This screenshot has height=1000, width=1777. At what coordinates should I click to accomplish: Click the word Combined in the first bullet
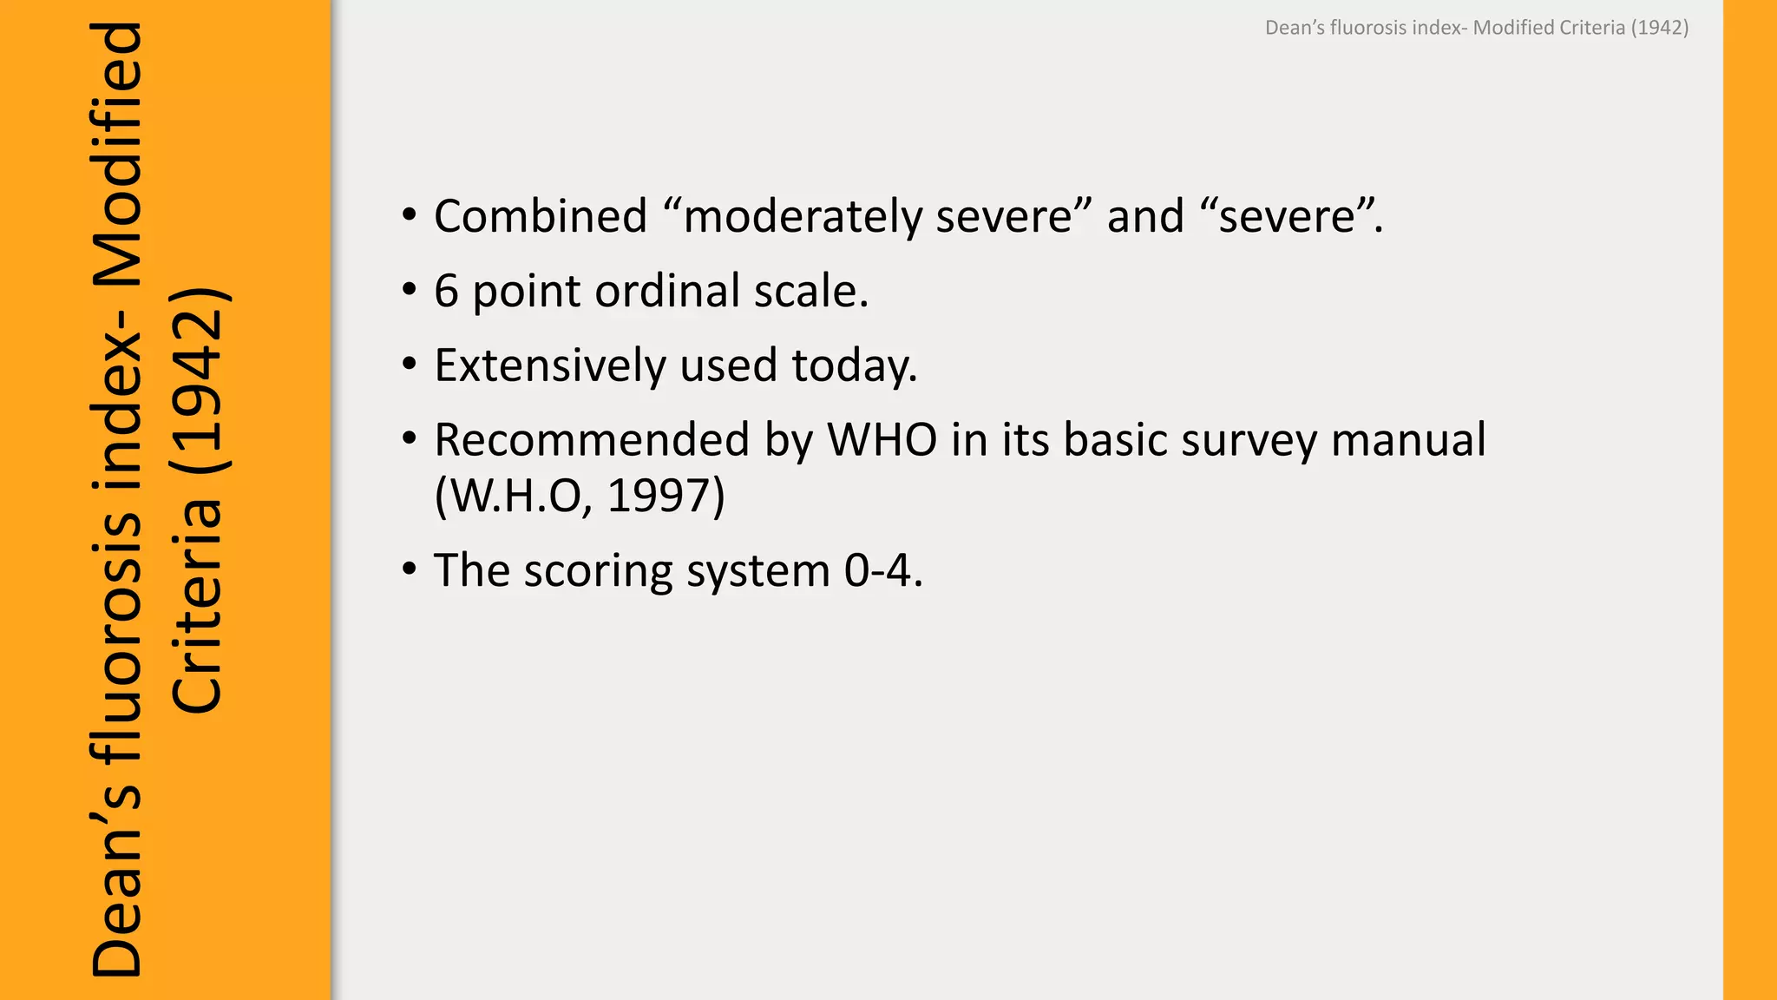click(x=541, y=216)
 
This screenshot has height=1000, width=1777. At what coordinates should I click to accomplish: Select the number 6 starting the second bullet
click(x=446, y=291)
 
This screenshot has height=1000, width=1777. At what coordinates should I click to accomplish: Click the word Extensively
click(x=549, y=365)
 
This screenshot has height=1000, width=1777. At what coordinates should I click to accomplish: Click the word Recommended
click(x=591, y=440)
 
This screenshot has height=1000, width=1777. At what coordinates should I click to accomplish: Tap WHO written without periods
click(x=882, y=440)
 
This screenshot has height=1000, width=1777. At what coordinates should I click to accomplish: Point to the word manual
click(x=1408, y=440)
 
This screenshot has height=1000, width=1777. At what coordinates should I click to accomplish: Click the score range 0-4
click(x=882, y=571)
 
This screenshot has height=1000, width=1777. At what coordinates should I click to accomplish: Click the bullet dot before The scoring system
click(x=410, y=570)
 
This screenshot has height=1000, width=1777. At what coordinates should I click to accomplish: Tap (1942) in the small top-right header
click(x=1660, y=28)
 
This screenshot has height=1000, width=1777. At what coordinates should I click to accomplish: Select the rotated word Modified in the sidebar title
click(x=117, y=156)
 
